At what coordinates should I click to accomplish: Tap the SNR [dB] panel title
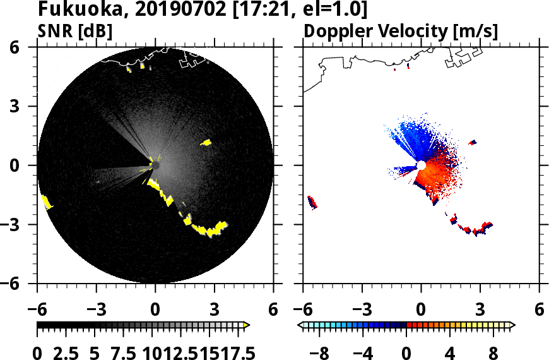[75, 31]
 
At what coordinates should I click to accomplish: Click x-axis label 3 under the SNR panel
[215, 311]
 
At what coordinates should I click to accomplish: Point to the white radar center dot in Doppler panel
[421, 165]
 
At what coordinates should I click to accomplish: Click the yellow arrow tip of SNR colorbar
[247, 325]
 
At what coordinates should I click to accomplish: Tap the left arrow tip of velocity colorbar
[301, 325]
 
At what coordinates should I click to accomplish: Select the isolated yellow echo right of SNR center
[206, 143]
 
